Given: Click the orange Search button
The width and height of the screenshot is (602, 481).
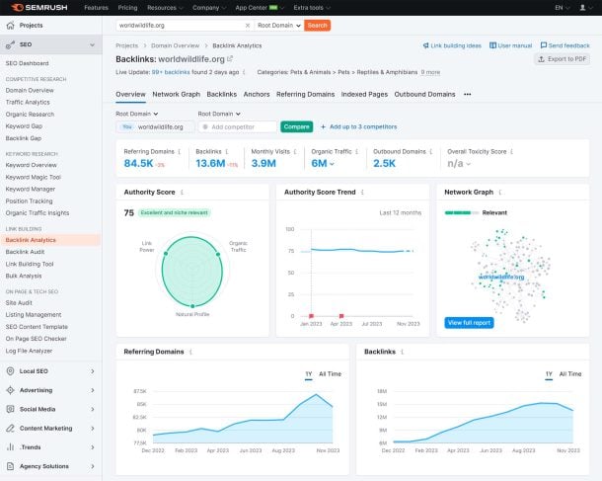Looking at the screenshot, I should pos(317,25).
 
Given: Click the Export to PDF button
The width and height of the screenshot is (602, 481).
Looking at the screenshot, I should pos(563,59).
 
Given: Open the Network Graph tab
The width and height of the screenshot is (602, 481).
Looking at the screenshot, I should pos(176,94).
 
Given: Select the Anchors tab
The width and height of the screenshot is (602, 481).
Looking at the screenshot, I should pos(257,94).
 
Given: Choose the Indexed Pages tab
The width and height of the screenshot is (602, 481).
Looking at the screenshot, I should pos(363,94).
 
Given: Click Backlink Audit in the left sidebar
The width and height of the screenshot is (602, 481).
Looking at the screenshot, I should pos(30,252).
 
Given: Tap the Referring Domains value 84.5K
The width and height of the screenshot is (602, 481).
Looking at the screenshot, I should pos(138,163).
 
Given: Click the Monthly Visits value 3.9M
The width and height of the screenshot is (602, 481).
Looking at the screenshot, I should pos(263,163).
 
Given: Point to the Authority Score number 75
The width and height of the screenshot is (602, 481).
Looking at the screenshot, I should pos(128,212).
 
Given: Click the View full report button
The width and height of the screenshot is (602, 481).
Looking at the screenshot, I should pos(469,323).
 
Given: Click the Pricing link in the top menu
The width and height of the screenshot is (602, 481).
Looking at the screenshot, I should pos(127,7).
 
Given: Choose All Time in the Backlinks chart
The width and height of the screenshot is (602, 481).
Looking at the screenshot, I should pos(570,374).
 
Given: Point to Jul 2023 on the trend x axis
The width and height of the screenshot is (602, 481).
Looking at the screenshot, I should pos(372,323).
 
